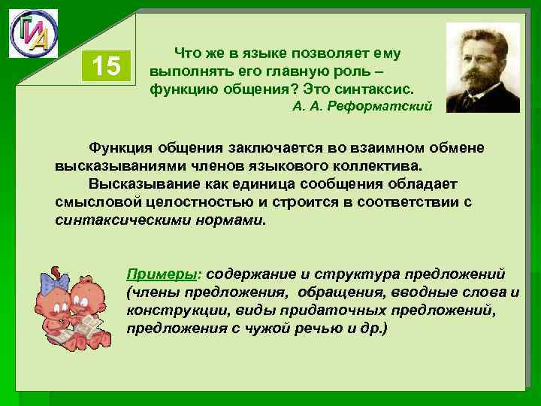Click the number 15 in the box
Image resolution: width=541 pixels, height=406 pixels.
pyautogui.click(x=107, y=67)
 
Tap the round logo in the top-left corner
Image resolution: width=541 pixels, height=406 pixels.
pyautogui.click(x=33, y=33)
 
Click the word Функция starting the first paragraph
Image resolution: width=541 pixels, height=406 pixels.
pyautogui.click(x=117, y=145)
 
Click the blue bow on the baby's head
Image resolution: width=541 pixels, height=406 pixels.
pyautogui.click(x=54, y=285)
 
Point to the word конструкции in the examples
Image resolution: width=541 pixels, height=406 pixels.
pyautogui.click(x=165, y=310)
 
